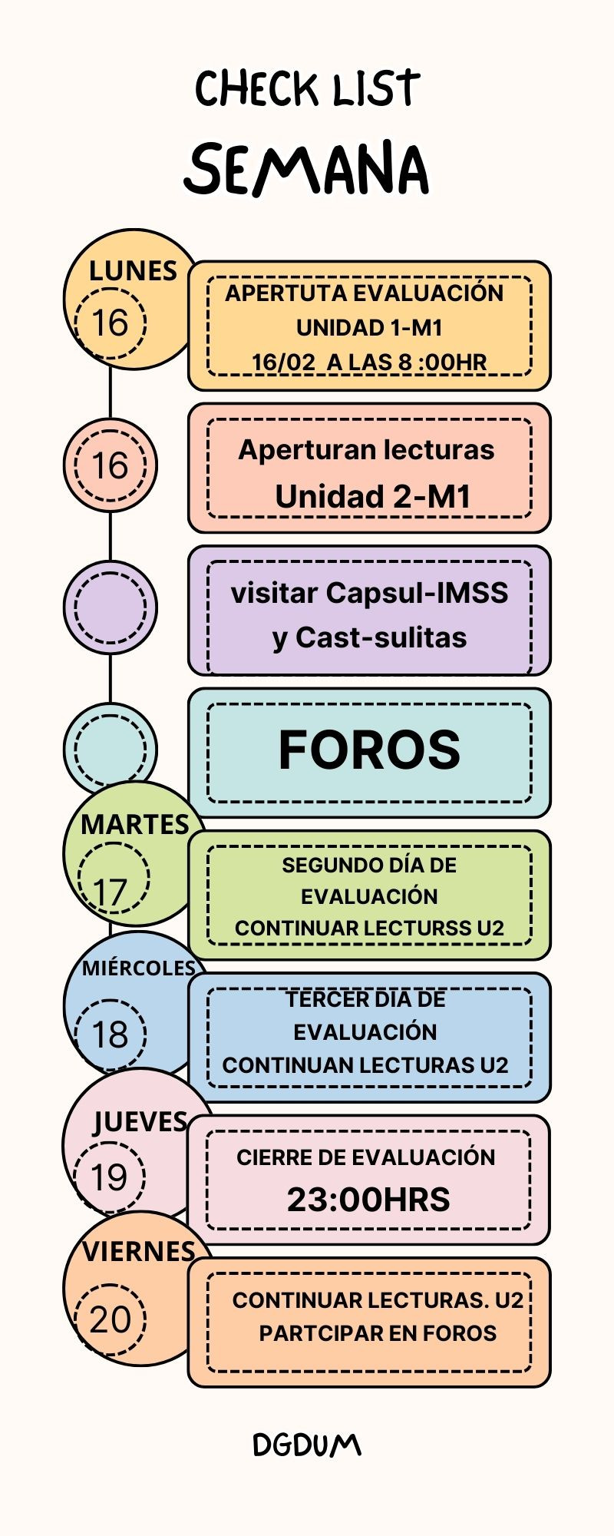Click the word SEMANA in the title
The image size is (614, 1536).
pos(307,169)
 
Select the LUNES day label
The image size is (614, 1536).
pos(133,271)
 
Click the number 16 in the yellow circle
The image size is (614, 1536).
pos(110,323)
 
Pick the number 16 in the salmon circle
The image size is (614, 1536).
pos(110,465)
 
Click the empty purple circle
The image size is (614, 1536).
pos(110,607)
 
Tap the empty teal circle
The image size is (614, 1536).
pos(110,749)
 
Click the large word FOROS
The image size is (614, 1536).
pos(369,750)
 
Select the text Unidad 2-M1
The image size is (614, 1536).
pos(373,497)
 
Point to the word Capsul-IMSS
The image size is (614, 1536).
pos(417,593)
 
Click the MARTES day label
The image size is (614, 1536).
pos(135,825)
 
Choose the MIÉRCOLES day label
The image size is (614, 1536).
pos(139,968)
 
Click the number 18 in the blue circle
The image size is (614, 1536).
pos(110,1034)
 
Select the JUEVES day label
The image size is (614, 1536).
pos(140,1122)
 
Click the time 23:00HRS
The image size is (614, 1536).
pos(368,1200)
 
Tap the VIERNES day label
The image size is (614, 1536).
pos(139,1252)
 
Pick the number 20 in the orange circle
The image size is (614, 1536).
pos(110,1319)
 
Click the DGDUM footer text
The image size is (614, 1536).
pos(307,1445)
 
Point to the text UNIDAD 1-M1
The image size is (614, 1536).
pos(369,328)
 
